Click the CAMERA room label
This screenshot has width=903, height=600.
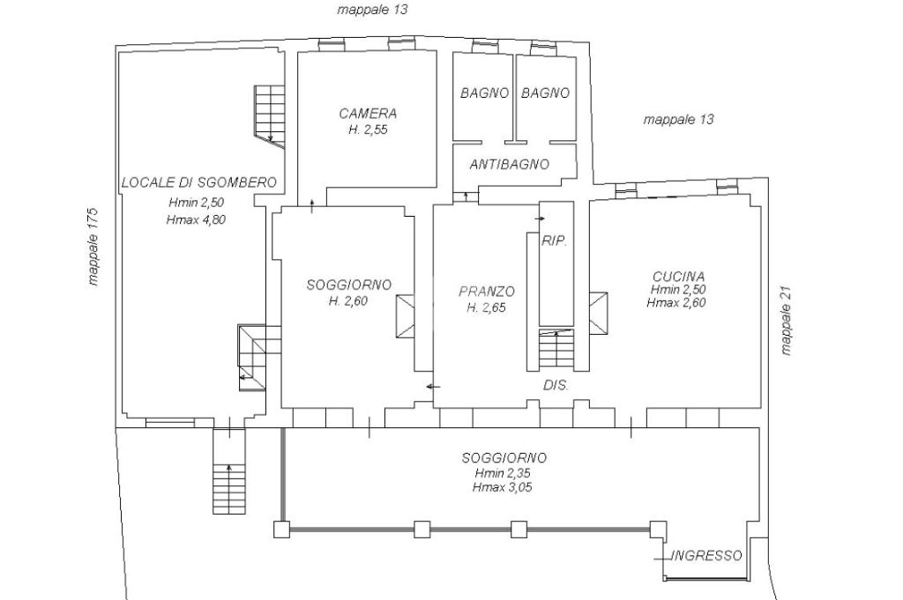coord(368,114)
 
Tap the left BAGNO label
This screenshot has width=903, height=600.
coord(484,93)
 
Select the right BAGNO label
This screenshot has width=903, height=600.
coord(545,93)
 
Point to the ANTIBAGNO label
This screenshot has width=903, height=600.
coord(510,165)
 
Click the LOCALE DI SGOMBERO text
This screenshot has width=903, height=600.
coord(199,183)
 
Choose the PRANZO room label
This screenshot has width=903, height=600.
coord(487,292)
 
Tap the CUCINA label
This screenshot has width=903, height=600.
coord(678,277)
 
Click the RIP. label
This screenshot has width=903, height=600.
coord(555,241)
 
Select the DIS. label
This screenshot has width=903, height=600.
coord(556,385)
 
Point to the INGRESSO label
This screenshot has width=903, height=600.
coord(706,556)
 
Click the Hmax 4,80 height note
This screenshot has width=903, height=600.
coord(196,219)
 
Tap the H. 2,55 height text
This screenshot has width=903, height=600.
coord(368,130)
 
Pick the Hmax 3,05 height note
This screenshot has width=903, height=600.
coord(502,487)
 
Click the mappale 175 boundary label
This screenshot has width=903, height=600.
coord(93,247)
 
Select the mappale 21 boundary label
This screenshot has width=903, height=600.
coord(787,321)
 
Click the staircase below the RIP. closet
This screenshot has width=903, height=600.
coord(556,349)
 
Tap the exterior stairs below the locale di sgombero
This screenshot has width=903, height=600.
coord(229,488)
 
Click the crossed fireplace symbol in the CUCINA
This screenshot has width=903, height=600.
coord(598,313)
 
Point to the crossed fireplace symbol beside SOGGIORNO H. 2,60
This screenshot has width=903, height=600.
coord(405,315)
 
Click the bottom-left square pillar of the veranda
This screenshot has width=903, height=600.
coord(281,530)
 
